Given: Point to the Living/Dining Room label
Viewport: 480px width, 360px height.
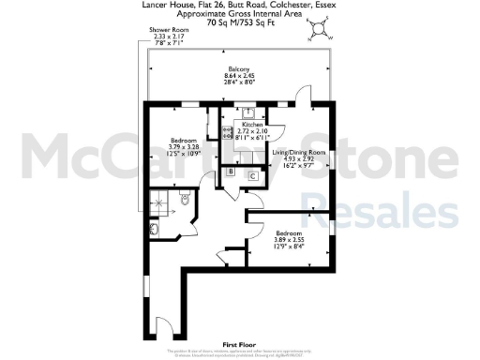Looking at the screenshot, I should coord(298,152).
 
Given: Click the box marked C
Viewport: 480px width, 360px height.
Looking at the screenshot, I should coord(252,175).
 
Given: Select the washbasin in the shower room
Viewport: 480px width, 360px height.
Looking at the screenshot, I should coord(154,229).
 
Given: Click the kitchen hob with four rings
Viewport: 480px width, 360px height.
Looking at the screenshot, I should coord(227,132).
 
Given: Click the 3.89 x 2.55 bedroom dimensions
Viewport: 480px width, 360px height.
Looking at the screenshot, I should coord(289,240).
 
